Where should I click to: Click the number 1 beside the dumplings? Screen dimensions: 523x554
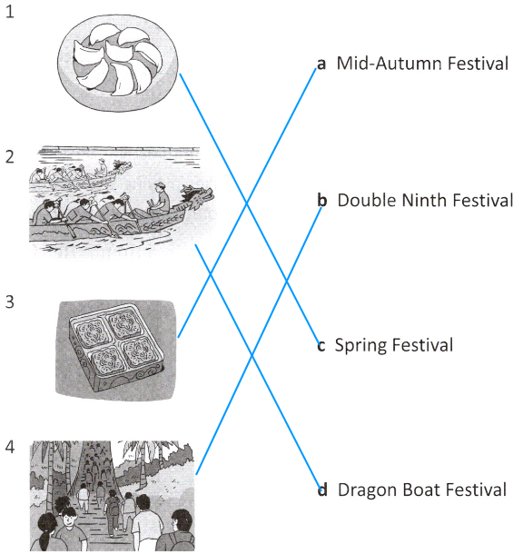pos(10,12)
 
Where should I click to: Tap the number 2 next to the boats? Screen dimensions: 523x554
pos(10,157)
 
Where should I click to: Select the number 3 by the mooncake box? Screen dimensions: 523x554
pos(10,302)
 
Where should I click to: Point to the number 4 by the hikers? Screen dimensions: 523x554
pos(10,447)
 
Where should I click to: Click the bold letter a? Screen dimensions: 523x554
pos(321,64)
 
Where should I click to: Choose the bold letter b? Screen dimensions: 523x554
pos(322,200)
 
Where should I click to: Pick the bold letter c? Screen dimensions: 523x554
pos(321,346)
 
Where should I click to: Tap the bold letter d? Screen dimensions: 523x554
pos(322,490)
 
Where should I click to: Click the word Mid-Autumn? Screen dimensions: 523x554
pos(390,64)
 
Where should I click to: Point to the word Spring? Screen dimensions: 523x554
pos(360,346)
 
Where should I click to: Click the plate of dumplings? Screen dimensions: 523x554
pos(118,63)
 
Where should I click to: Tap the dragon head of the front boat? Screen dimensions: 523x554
pos(198,196)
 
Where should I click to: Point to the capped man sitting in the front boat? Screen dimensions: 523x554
pos(160,200)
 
